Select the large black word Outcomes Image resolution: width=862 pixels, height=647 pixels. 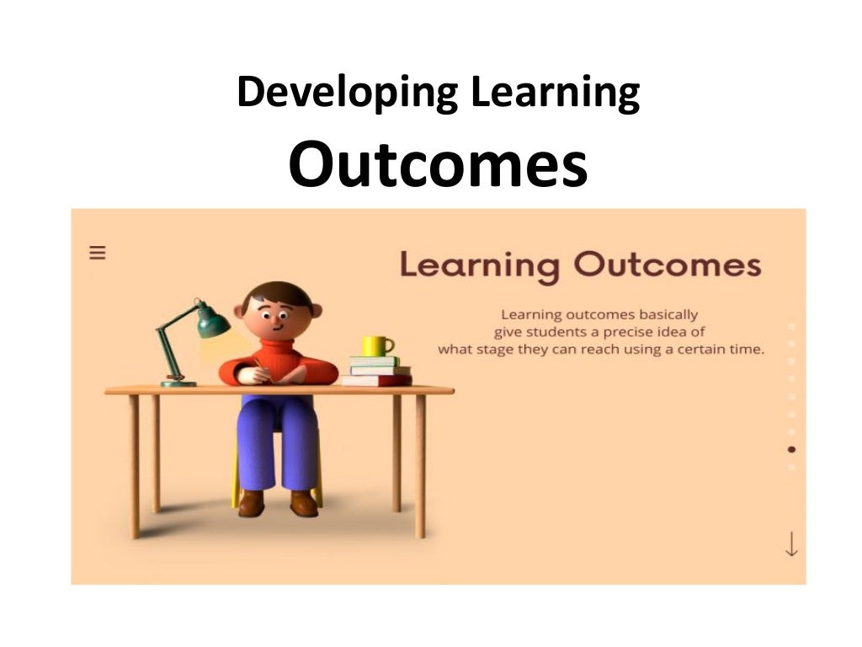(x=437, y=166)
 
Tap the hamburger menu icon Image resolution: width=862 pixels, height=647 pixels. (x=98, y=252)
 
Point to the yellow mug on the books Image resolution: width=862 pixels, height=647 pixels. (x=376, y=345)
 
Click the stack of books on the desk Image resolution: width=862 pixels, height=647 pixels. (x=378, y=371)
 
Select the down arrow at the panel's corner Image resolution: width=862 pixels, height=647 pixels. (x=790, y=543)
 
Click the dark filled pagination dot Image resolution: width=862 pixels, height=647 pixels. (x=791, y=449)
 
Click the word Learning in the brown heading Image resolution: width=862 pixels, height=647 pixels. (x=479, y=265)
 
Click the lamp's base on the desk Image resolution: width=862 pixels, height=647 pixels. (x=178, y=382)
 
